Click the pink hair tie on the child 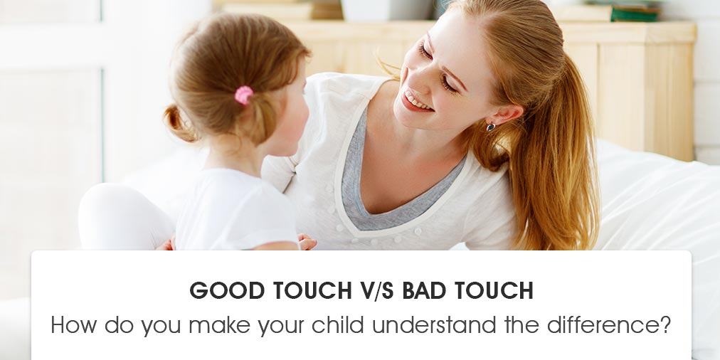[244, 95]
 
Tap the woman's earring [491, 127]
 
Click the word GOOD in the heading [227, 290]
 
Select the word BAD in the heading [424, 290]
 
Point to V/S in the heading [370, 290]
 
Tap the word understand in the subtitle [435, 324]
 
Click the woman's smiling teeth [416, 102]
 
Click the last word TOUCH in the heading [494, 290]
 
